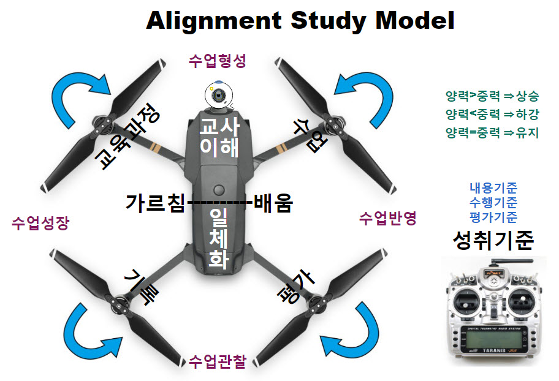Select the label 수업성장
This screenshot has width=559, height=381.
point(40,224)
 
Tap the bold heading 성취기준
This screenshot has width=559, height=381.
point(493,241)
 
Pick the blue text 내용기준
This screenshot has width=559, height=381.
point(493,188)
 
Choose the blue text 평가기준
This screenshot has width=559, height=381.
point(493,216)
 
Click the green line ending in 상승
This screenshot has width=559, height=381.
point(492,96)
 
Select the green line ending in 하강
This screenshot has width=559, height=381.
point(492,114)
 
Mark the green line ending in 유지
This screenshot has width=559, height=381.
point(492,132)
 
